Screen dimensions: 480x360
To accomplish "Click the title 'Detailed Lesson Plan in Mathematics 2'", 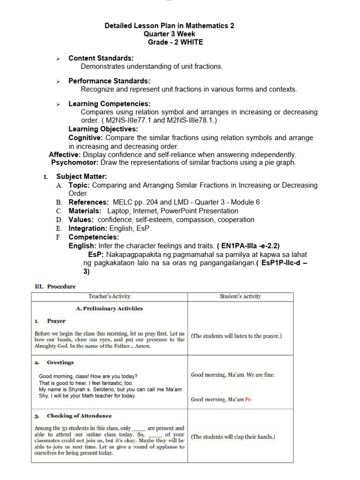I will click(x=169, y=26).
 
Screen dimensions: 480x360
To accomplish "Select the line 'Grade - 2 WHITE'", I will click(x=169, y=42).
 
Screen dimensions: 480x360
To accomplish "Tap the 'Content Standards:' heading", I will click(x=101, y=58).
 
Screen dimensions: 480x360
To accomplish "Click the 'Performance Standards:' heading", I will click(x=109, y=81).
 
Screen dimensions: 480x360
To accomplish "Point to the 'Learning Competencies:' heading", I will click(x=109, y=104).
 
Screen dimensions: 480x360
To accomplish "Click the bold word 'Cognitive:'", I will click(x=86, y=138).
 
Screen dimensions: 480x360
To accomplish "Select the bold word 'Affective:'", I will click(x=65, y=154).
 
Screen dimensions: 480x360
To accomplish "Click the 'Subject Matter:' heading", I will click(x=82, y=177).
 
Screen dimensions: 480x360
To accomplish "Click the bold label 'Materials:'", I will click(x=85, y=211).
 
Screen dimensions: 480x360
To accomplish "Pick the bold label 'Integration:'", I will click(x=88, y=228).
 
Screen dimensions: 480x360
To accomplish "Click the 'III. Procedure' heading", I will click(x=55, y=286).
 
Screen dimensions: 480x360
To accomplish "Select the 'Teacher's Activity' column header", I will click(x=109, y=297).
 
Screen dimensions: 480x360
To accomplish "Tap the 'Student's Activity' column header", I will click(x=240, y=297).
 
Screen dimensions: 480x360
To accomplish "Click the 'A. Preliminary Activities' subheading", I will click(x=109, y=308).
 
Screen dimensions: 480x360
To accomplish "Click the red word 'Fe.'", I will click(x=249, y=399).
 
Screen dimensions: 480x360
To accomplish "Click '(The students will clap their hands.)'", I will click(x=233, y=437).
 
